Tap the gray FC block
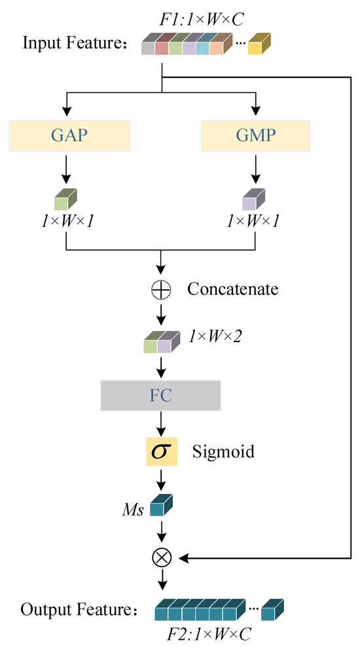[x=160, y=396]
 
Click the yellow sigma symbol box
[x=161, y=451]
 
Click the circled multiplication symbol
[x=161, y=558]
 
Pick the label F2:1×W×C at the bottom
[x=209, y=633]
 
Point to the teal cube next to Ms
[x=161, y=508]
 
